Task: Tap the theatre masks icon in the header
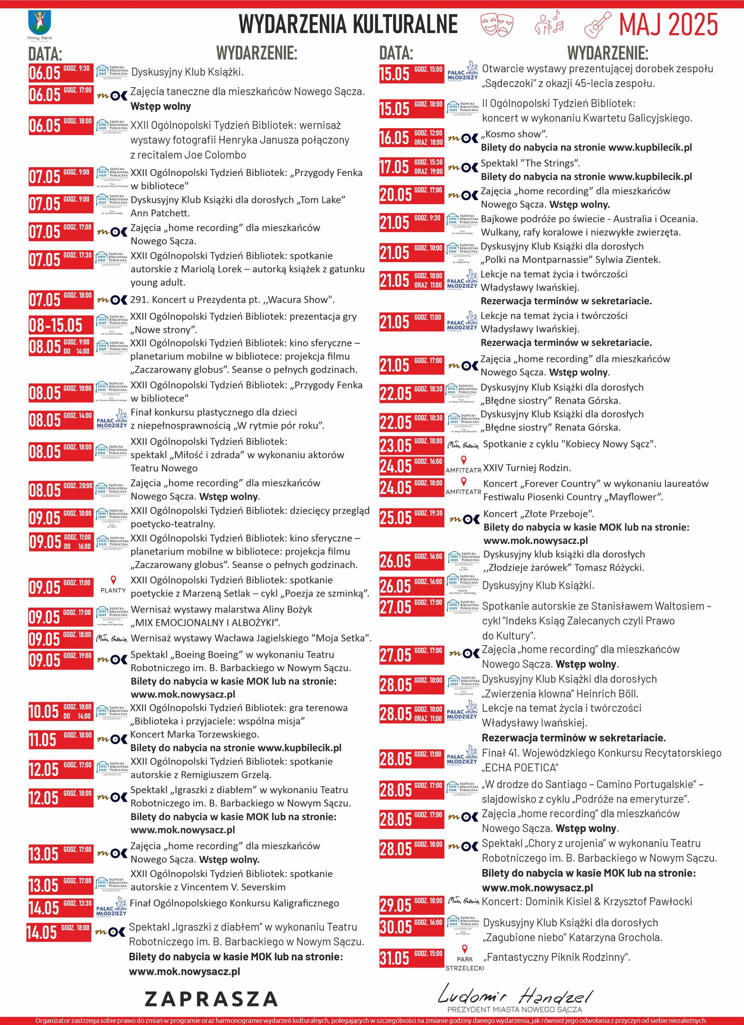tap(497, 24)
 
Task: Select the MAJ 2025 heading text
tap(668, 25)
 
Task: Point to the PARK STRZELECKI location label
tap(465, 964)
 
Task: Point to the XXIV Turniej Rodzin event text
tap(527, 468)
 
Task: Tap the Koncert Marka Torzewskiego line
tap(195, 735)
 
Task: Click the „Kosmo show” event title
tap(514, 134)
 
